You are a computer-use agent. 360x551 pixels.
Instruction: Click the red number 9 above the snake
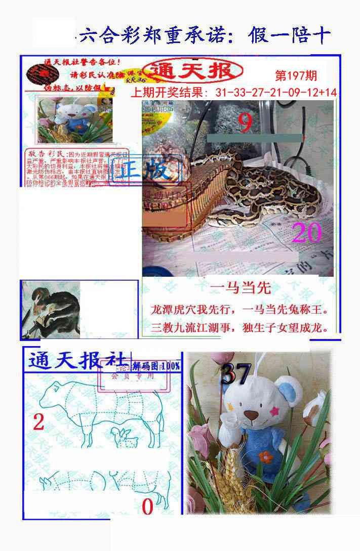[245, 122]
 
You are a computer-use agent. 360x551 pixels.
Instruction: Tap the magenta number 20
[307, 233]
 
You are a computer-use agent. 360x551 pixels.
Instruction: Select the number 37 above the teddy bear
[236, 374]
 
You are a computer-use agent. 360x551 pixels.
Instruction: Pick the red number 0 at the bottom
[147, 506]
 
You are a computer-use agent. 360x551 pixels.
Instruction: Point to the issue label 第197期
[296, 76]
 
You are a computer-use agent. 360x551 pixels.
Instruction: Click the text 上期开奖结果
[169, 93]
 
